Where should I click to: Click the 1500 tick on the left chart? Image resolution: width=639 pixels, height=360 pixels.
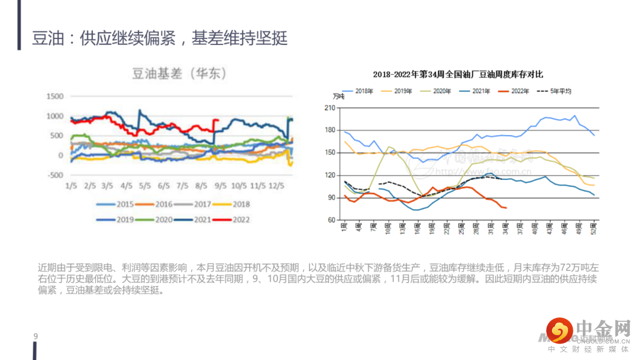coord(54,96)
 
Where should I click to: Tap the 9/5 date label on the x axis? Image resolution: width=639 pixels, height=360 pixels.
coord(220,185)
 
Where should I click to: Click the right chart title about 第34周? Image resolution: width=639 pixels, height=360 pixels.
coord(458,75)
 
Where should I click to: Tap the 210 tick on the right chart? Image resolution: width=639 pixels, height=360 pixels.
coord(330,108)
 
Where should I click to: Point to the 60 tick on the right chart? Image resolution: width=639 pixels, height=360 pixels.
coord(331,220)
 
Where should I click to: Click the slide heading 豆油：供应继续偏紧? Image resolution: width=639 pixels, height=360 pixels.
coord(160,38)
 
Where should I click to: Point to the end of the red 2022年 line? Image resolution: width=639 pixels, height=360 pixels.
coord(506,207)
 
